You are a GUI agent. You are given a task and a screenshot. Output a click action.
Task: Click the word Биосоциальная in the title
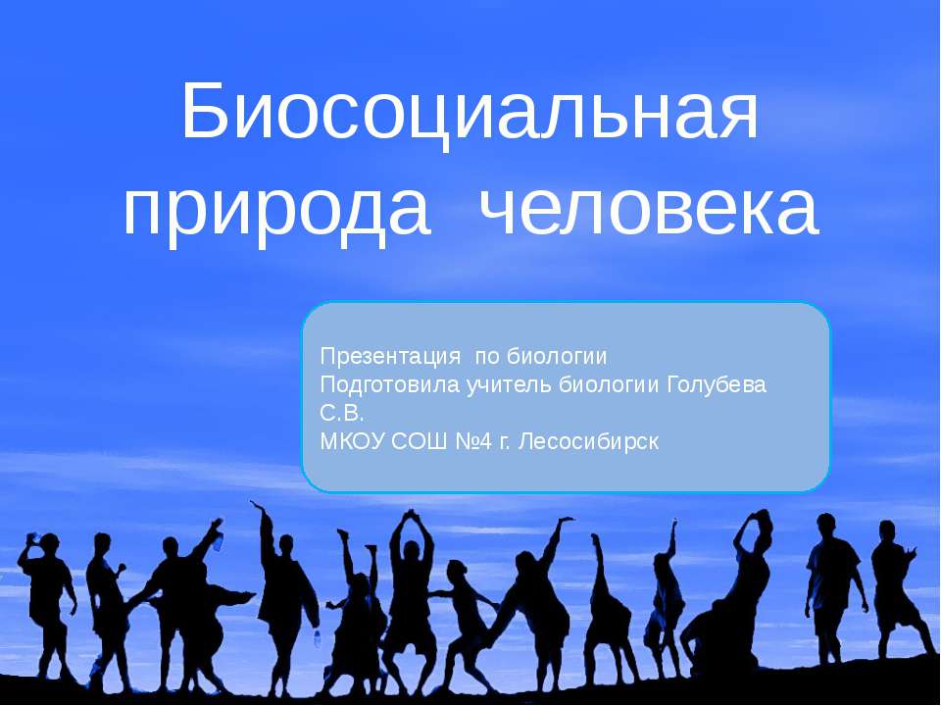click(470, 114)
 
